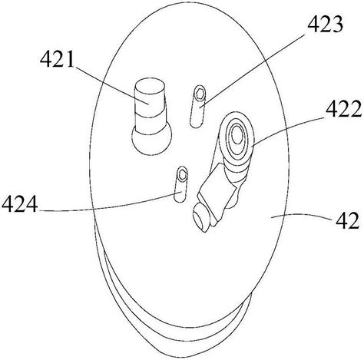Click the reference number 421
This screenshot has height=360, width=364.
57,59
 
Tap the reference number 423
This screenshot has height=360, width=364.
325,25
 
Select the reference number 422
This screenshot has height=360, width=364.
344,109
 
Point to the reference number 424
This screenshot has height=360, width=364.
19,203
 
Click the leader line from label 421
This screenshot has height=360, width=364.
111,85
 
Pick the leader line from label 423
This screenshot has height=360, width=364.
253,70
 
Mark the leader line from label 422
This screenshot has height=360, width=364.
288,132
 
